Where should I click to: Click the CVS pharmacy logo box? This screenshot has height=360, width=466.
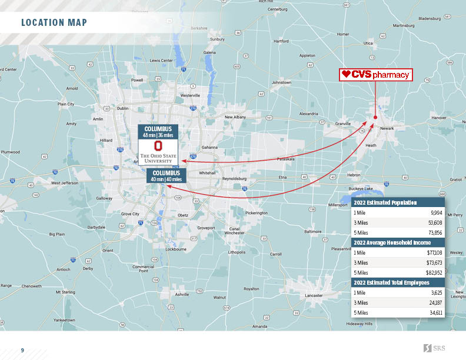[x=376, y=75]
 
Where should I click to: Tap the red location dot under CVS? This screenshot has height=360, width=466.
[x=375, y=117]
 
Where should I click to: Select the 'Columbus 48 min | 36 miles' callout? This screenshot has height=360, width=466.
[x=158, y=131]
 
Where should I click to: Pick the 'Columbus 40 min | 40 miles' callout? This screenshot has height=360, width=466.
[x=165, y=176]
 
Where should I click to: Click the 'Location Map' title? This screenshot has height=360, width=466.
[x=54, y=23]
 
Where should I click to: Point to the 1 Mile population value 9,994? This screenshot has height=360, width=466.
[x=436, y=212]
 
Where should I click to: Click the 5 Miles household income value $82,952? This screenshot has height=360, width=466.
[x=434, y=273]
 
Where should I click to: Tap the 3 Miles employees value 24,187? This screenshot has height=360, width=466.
[x=435, y=302]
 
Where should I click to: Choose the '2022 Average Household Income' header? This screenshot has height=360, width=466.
[x=391, y=242]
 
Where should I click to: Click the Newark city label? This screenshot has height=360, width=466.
[x=387, y=128]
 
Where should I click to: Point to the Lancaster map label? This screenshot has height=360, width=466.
[x=314, y=295]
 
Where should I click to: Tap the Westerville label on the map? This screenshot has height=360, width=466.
[x=191, y=95]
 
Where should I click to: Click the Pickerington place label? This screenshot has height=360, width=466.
[x=256, y=213]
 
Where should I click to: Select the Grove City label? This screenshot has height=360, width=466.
[x=130, y=214]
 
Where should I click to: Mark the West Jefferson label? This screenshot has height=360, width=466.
[x=64, y=184]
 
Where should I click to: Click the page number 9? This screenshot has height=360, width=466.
[x=22, y=351]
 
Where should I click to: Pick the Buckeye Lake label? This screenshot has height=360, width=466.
[x=360, y=188]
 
